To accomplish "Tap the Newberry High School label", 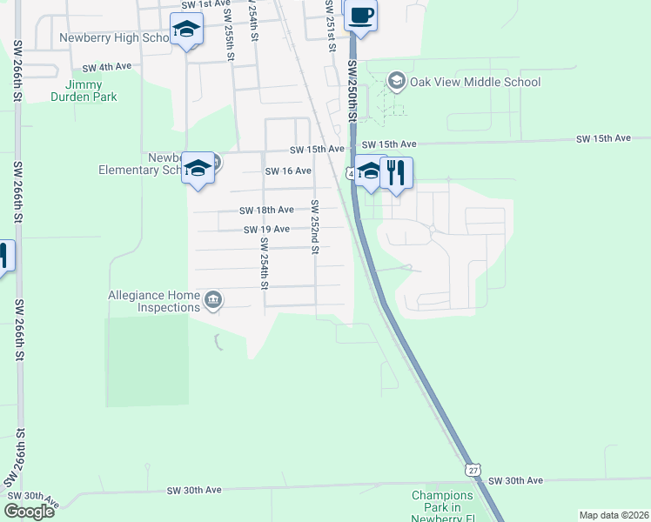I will coord(113,38).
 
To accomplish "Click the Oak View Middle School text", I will coord(475,83).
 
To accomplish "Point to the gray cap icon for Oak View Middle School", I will coord(397,82).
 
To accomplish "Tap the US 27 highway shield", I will coord(473,468).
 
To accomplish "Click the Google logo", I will coord(29,511).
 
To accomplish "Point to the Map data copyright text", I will coord(613,514).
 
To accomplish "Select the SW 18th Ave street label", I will coord(266,210).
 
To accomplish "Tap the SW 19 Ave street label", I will coord(266,229).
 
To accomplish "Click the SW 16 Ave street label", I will coord(288,171).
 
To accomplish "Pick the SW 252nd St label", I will coord(316,227).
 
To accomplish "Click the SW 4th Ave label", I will coord(106,67).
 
